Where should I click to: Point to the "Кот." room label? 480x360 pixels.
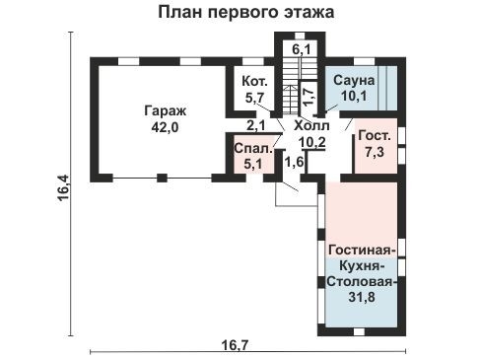coord(254,83)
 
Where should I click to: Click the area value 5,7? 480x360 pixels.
coord(254,98)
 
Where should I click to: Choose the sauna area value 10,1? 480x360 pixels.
coord(353,97)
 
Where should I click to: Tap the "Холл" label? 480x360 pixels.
coord(312,126)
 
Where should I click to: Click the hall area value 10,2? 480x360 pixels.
coord(312,141)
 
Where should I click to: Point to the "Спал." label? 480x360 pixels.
coord(248,151)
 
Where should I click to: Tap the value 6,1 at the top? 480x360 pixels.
coord(303,47)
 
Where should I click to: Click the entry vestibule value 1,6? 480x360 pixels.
coord(293,162)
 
